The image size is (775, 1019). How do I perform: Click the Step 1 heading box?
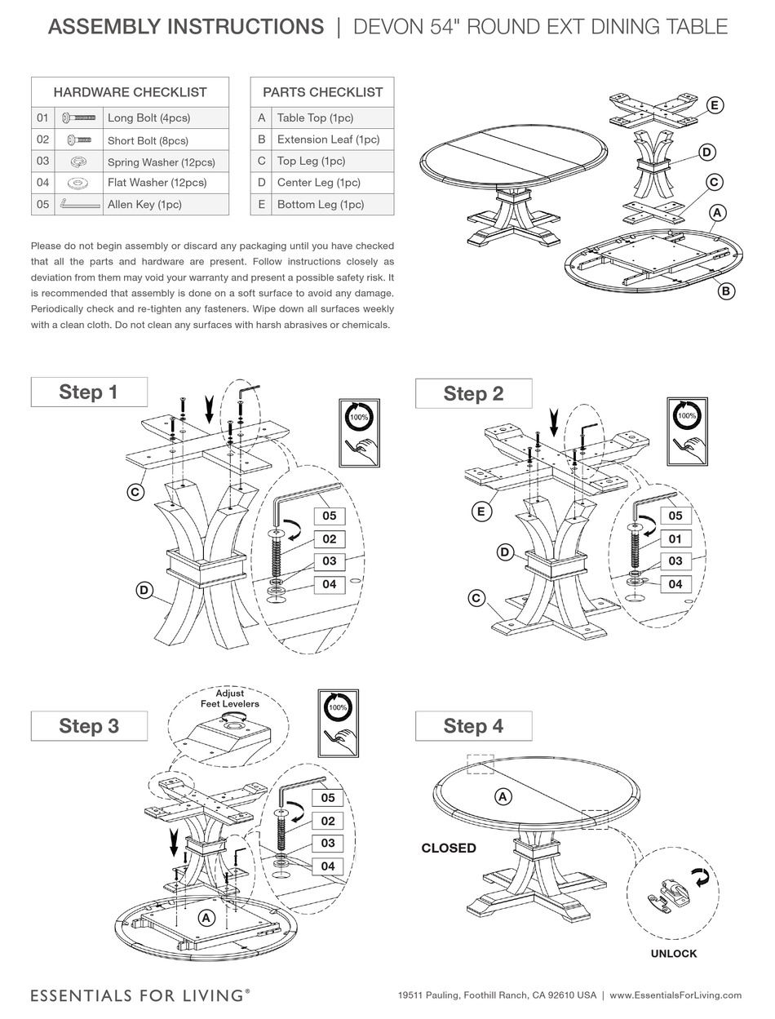[89, 392]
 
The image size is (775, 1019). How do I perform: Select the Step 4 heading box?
[473, 726]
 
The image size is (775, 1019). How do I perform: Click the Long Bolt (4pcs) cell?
[167, 117]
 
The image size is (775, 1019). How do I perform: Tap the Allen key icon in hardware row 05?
[79, 204]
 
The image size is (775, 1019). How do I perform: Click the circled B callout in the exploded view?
[724, 290]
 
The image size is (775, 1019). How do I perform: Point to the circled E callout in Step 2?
[481, 512]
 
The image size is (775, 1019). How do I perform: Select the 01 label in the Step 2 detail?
[675, 538]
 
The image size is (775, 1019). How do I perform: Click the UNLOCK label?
[673, 953]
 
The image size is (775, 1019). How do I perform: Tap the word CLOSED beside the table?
[449, 848]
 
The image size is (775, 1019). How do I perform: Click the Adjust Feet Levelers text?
[230, 698]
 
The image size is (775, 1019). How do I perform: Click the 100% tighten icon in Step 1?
[359, 432]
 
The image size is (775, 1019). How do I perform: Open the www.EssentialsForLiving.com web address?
[675, 995]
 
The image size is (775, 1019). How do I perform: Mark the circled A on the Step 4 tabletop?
[503, 796]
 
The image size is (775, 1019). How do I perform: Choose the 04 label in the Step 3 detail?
[328, 866]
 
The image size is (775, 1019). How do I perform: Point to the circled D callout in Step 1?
[144, 590]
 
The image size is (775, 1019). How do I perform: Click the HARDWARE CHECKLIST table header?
[130, 92]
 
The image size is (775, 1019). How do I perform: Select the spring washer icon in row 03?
[79, 162]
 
